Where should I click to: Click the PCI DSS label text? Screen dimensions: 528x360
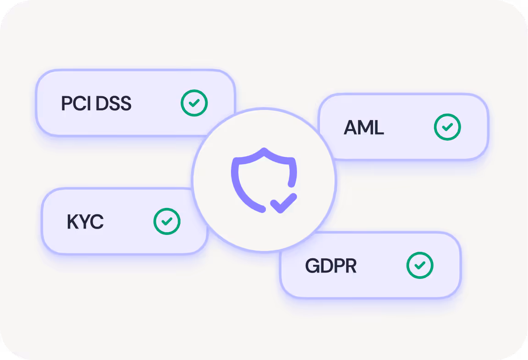point(96,104)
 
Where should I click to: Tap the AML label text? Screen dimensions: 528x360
point(363,128)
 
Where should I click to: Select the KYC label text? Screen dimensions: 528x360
point(85,222)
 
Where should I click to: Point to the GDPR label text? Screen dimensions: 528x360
point(330,266)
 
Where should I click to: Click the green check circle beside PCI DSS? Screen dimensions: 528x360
point(194,103)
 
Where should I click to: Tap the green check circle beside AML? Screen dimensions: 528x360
point(447,127)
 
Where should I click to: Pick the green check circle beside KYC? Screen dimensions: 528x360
point(167,221)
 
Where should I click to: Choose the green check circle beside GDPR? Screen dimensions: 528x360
point(420,265)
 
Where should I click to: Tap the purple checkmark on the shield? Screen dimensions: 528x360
point(283,202)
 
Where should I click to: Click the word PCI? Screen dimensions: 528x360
point(76,104)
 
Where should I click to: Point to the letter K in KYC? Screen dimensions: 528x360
point(73,222)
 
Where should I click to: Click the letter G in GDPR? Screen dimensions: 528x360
point(312,266)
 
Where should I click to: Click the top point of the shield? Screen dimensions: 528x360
point(264,150)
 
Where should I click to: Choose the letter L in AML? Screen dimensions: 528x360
point(378,128)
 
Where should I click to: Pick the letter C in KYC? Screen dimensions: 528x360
point(97,222)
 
